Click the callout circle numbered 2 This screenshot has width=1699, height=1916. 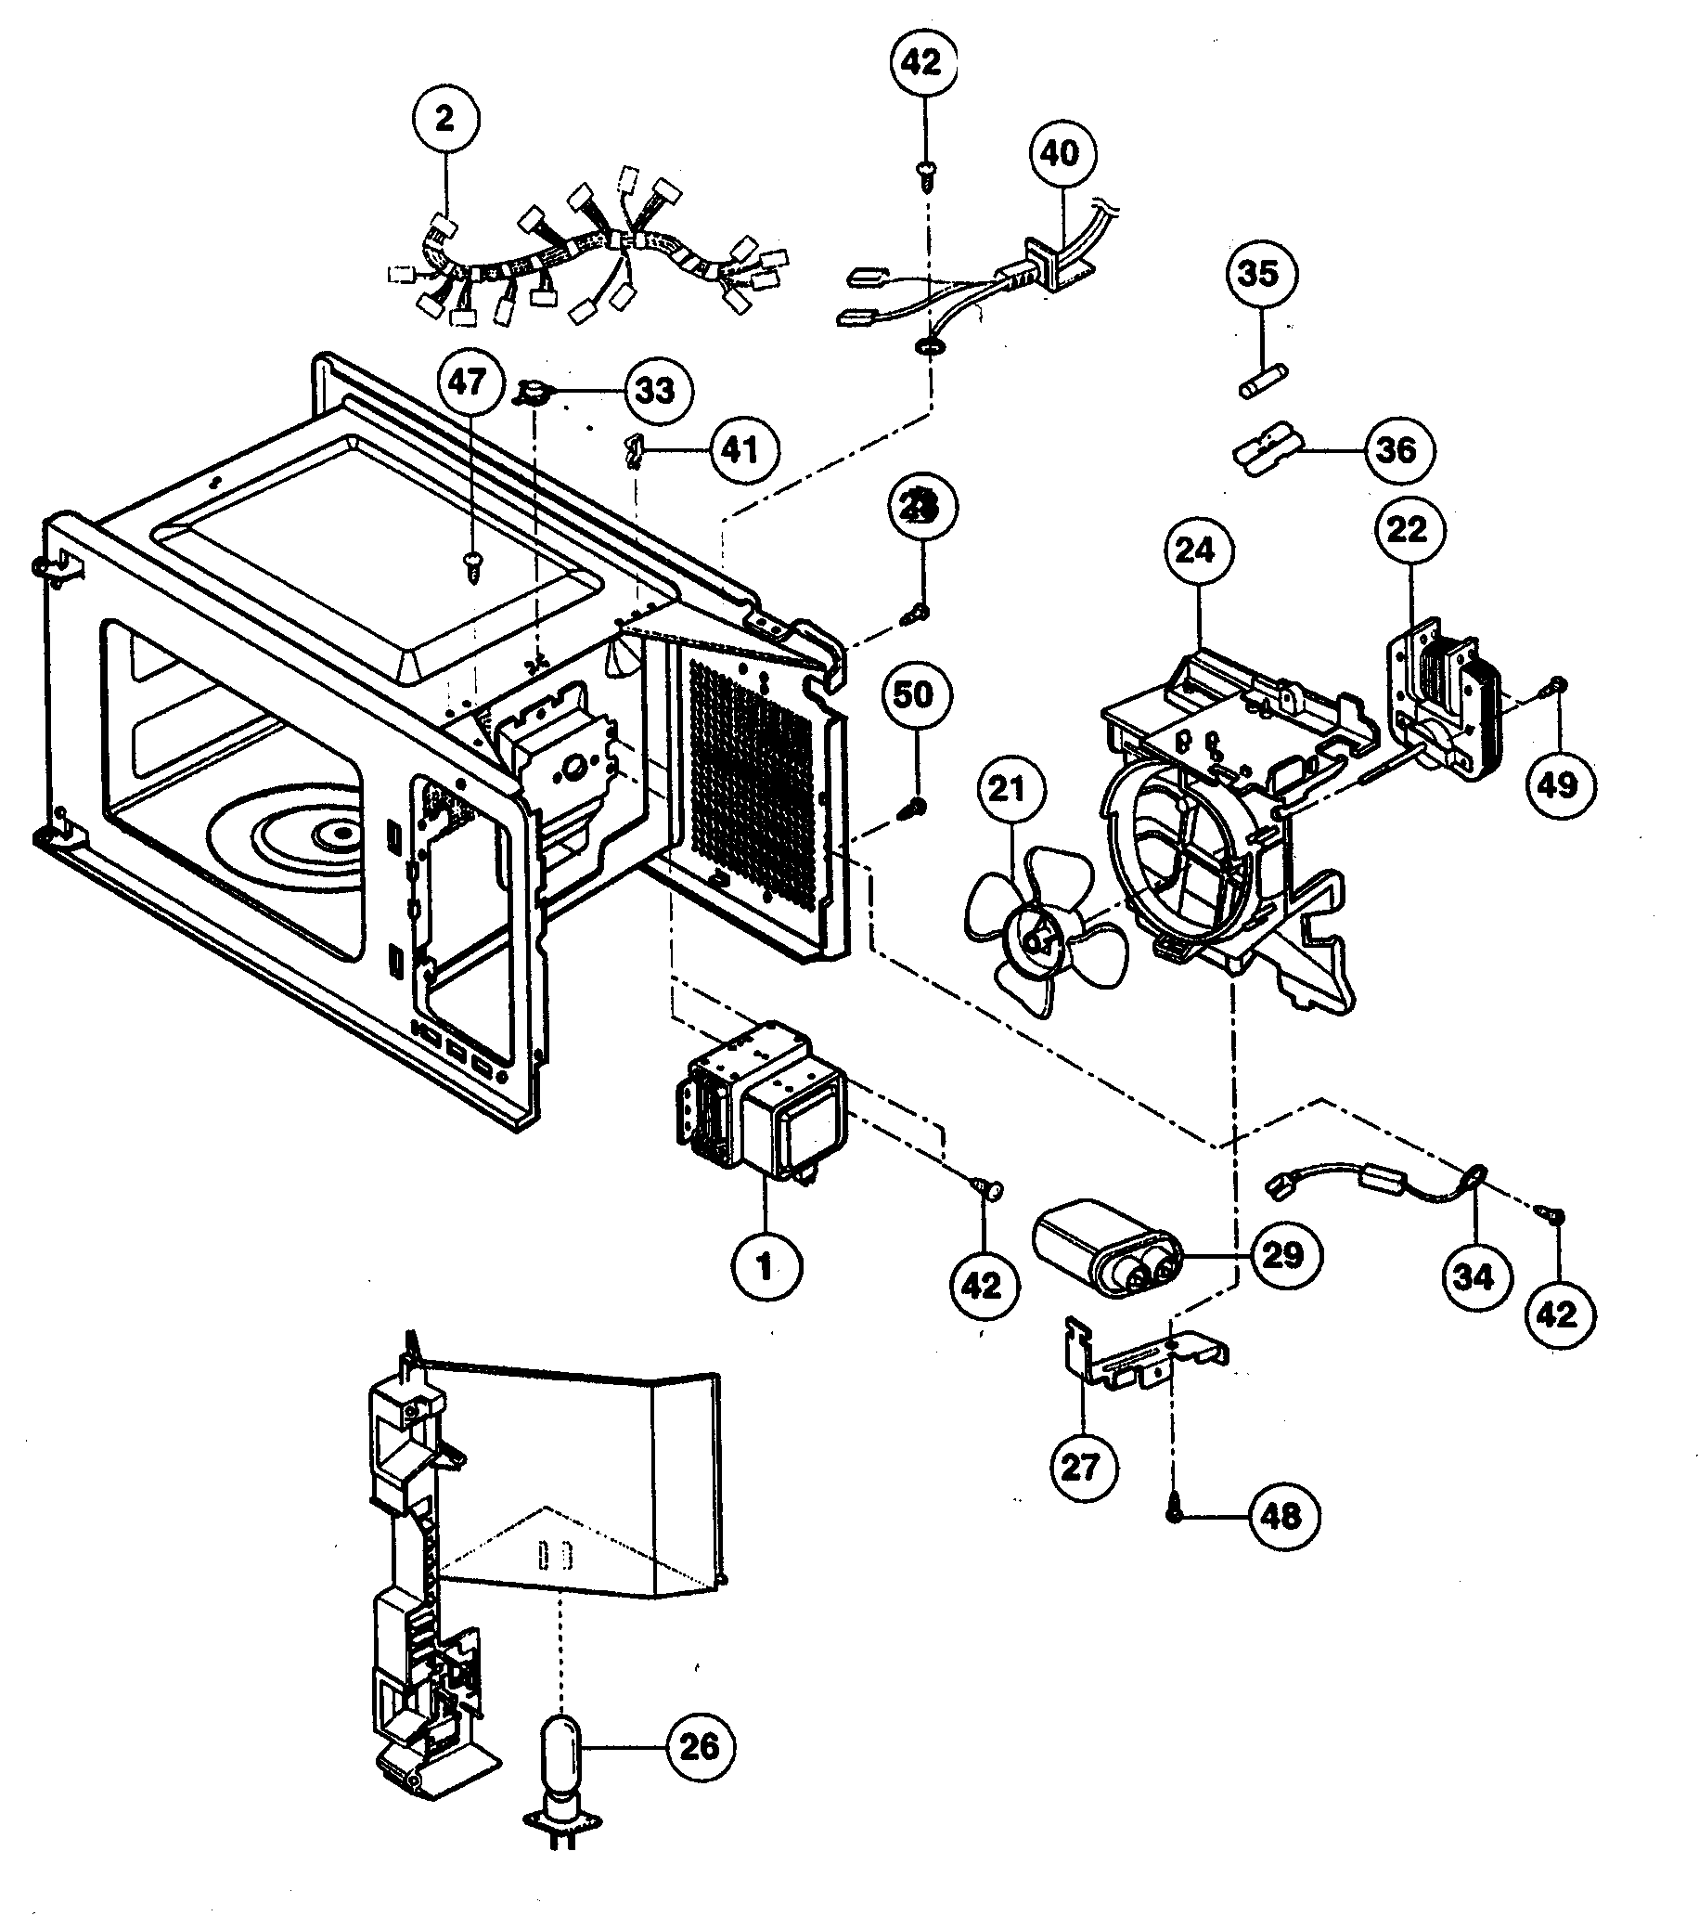pos(444,119)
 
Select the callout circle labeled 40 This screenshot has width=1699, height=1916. pos(1060,153)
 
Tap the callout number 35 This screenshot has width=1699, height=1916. pos(1257,274)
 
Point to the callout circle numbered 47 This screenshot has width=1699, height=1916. pos(469,382)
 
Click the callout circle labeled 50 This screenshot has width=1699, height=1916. pos(914,694)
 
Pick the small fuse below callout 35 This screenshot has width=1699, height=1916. pos(1257,384)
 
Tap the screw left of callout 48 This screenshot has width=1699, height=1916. pos(1174,1514)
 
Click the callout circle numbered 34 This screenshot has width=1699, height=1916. pos(1474,1275)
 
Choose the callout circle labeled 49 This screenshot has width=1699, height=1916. pos(1558,784)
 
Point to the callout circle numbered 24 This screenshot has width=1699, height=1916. pos(1195,550)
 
